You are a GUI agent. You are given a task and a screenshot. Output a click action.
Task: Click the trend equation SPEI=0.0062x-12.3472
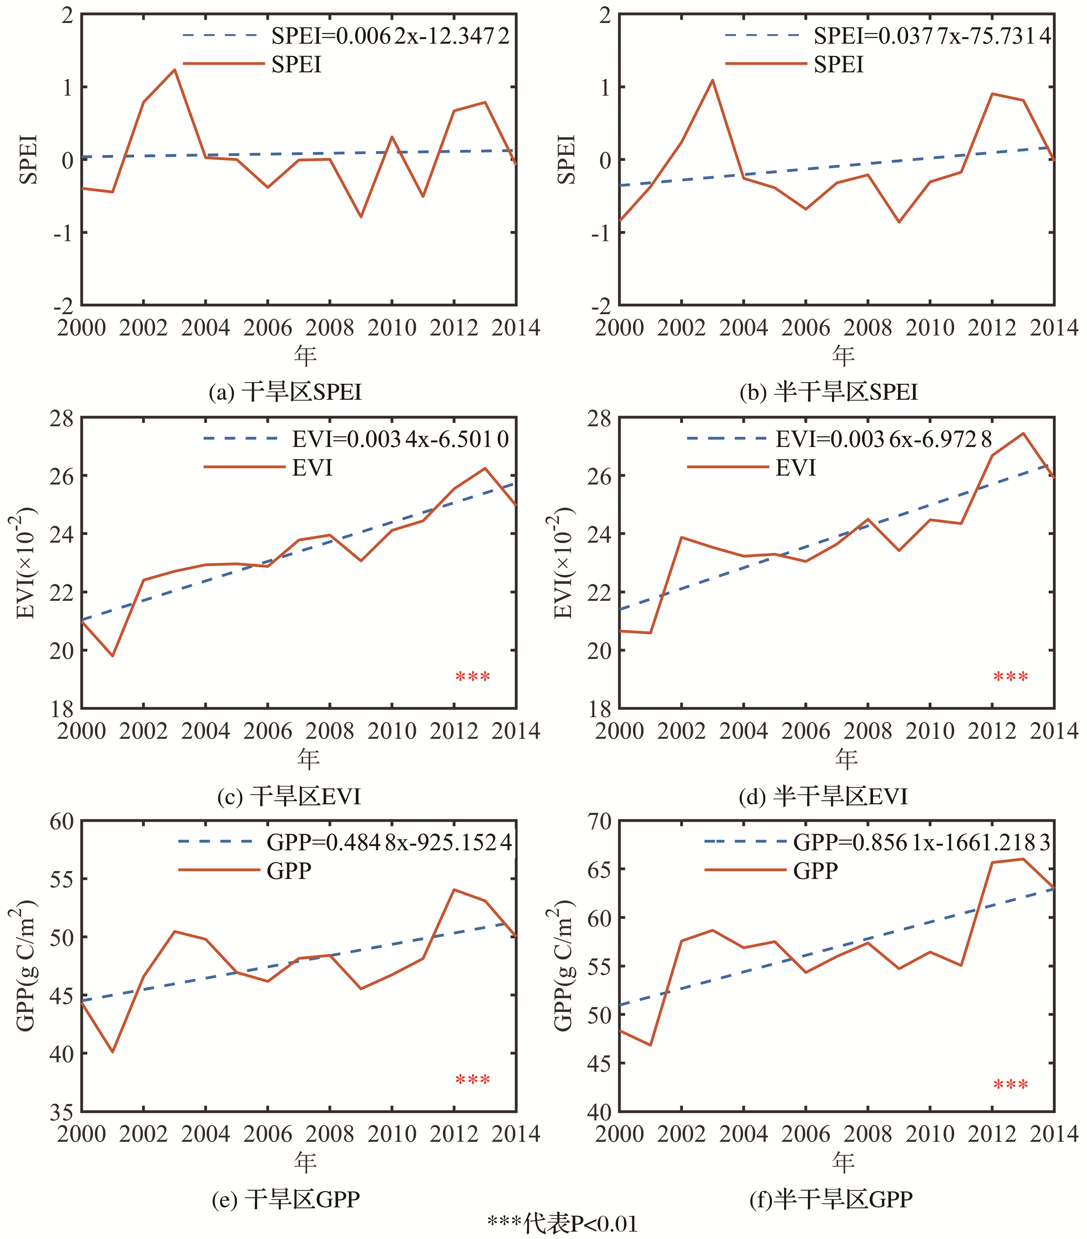point(390,36)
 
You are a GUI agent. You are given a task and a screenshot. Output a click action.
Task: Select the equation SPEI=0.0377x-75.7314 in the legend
point(932,36)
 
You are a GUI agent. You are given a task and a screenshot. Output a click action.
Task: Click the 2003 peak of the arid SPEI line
point(174,70)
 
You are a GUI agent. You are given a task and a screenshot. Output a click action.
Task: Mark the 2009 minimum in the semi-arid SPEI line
point(899,222)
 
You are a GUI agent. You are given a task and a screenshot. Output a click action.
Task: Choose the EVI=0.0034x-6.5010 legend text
point(400,439)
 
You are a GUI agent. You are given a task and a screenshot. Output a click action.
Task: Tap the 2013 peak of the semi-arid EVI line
point(1023,434)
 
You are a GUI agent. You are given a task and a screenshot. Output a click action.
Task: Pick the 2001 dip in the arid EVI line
point(113,656)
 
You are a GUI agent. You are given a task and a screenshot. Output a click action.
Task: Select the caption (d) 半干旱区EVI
point(823,796)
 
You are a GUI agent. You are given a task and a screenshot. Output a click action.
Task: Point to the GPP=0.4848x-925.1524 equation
point(389,842)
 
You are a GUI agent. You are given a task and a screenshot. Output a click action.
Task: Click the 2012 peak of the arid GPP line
point(454,889)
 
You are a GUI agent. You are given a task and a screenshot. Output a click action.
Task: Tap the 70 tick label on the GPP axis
point(599,822)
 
